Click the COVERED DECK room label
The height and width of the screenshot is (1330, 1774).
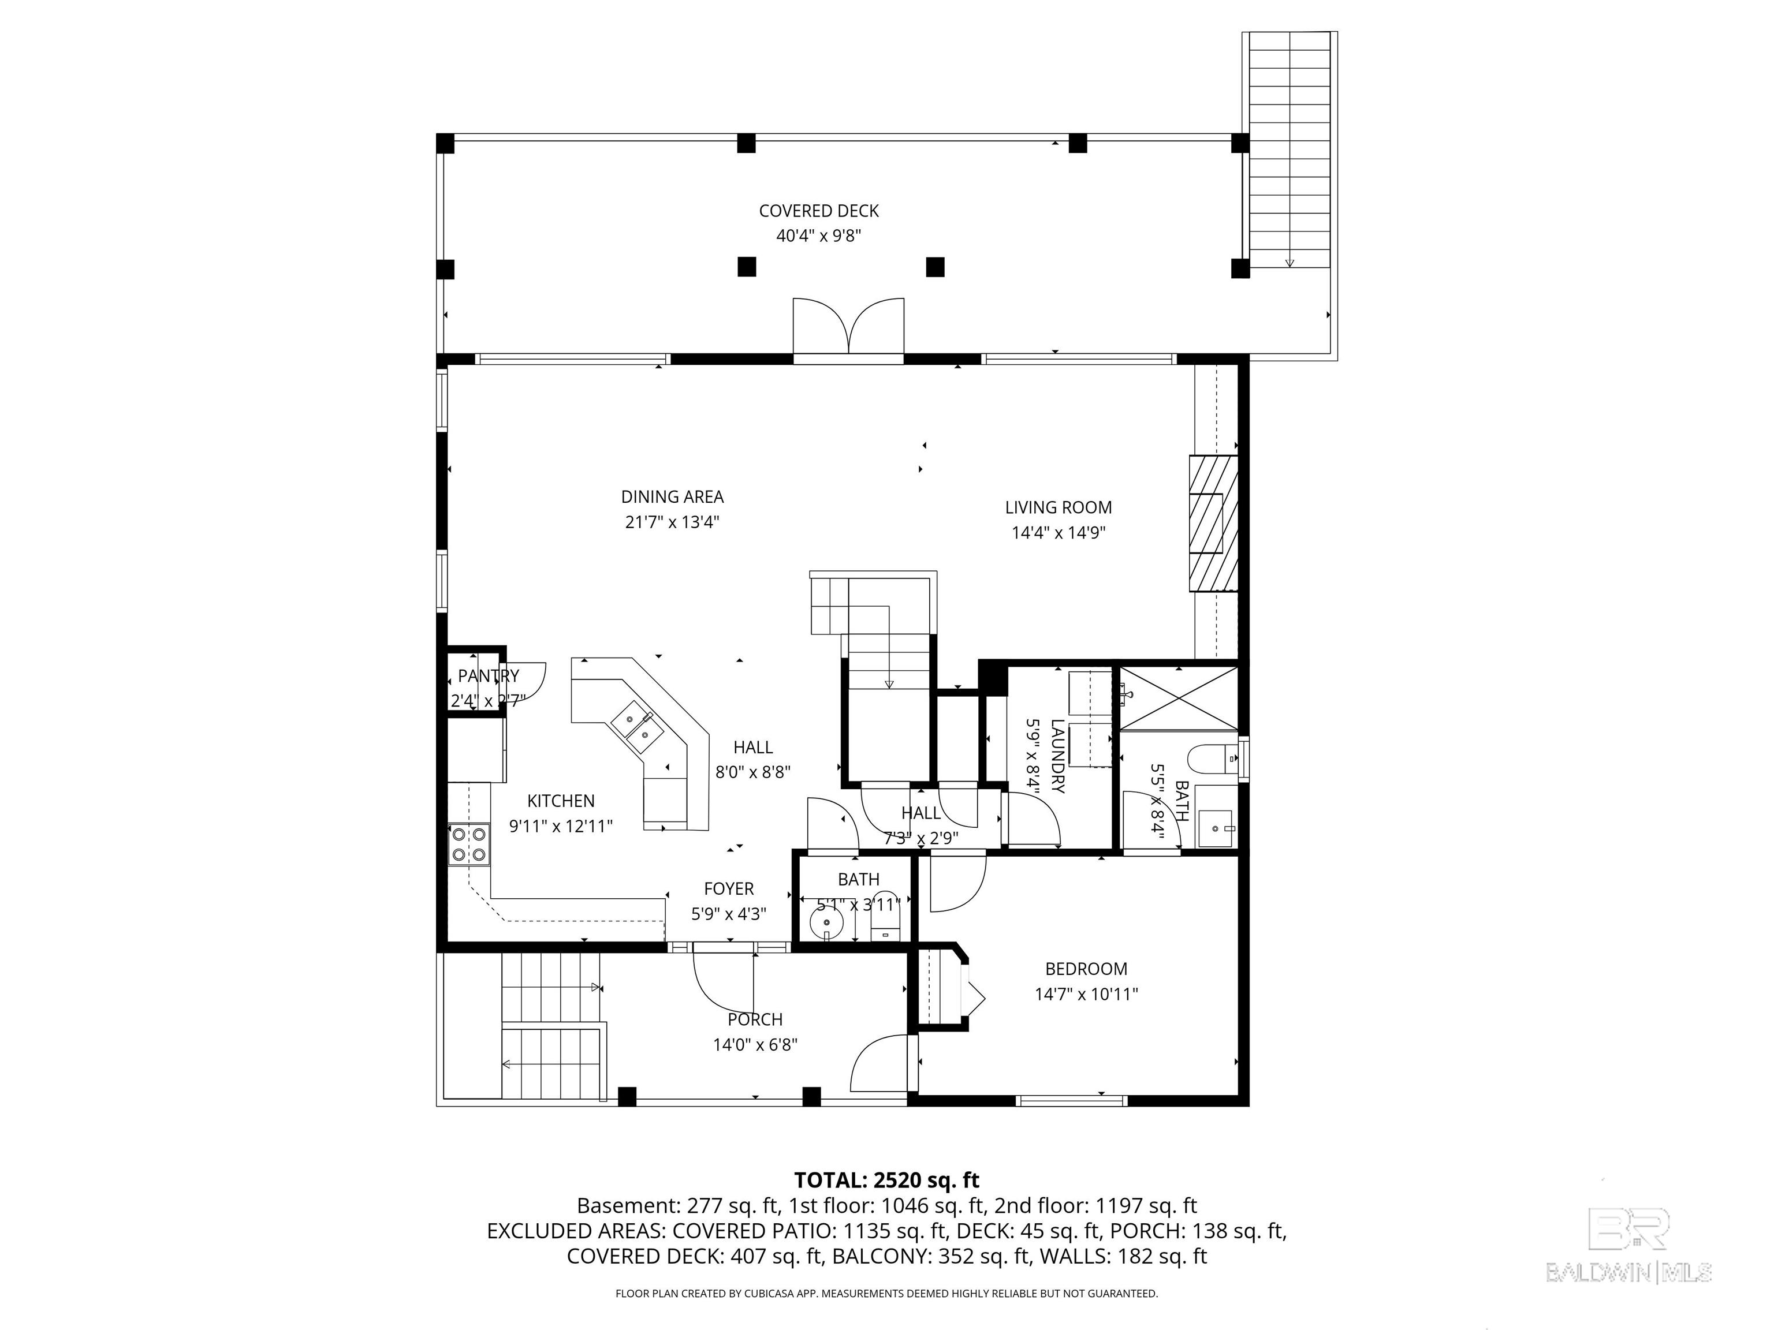point(818,211)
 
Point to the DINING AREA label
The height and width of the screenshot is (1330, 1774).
point(672,497)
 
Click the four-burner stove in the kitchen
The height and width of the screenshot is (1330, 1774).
point(468,844)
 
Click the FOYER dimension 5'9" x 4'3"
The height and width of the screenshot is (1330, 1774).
point(728,914)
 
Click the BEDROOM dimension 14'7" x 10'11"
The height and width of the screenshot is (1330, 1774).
point(1086,995)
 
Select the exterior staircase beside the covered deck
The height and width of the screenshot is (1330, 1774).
point(1289,152)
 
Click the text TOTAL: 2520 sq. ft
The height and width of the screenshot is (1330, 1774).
point(886,1180)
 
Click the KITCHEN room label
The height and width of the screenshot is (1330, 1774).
point(561,801)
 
